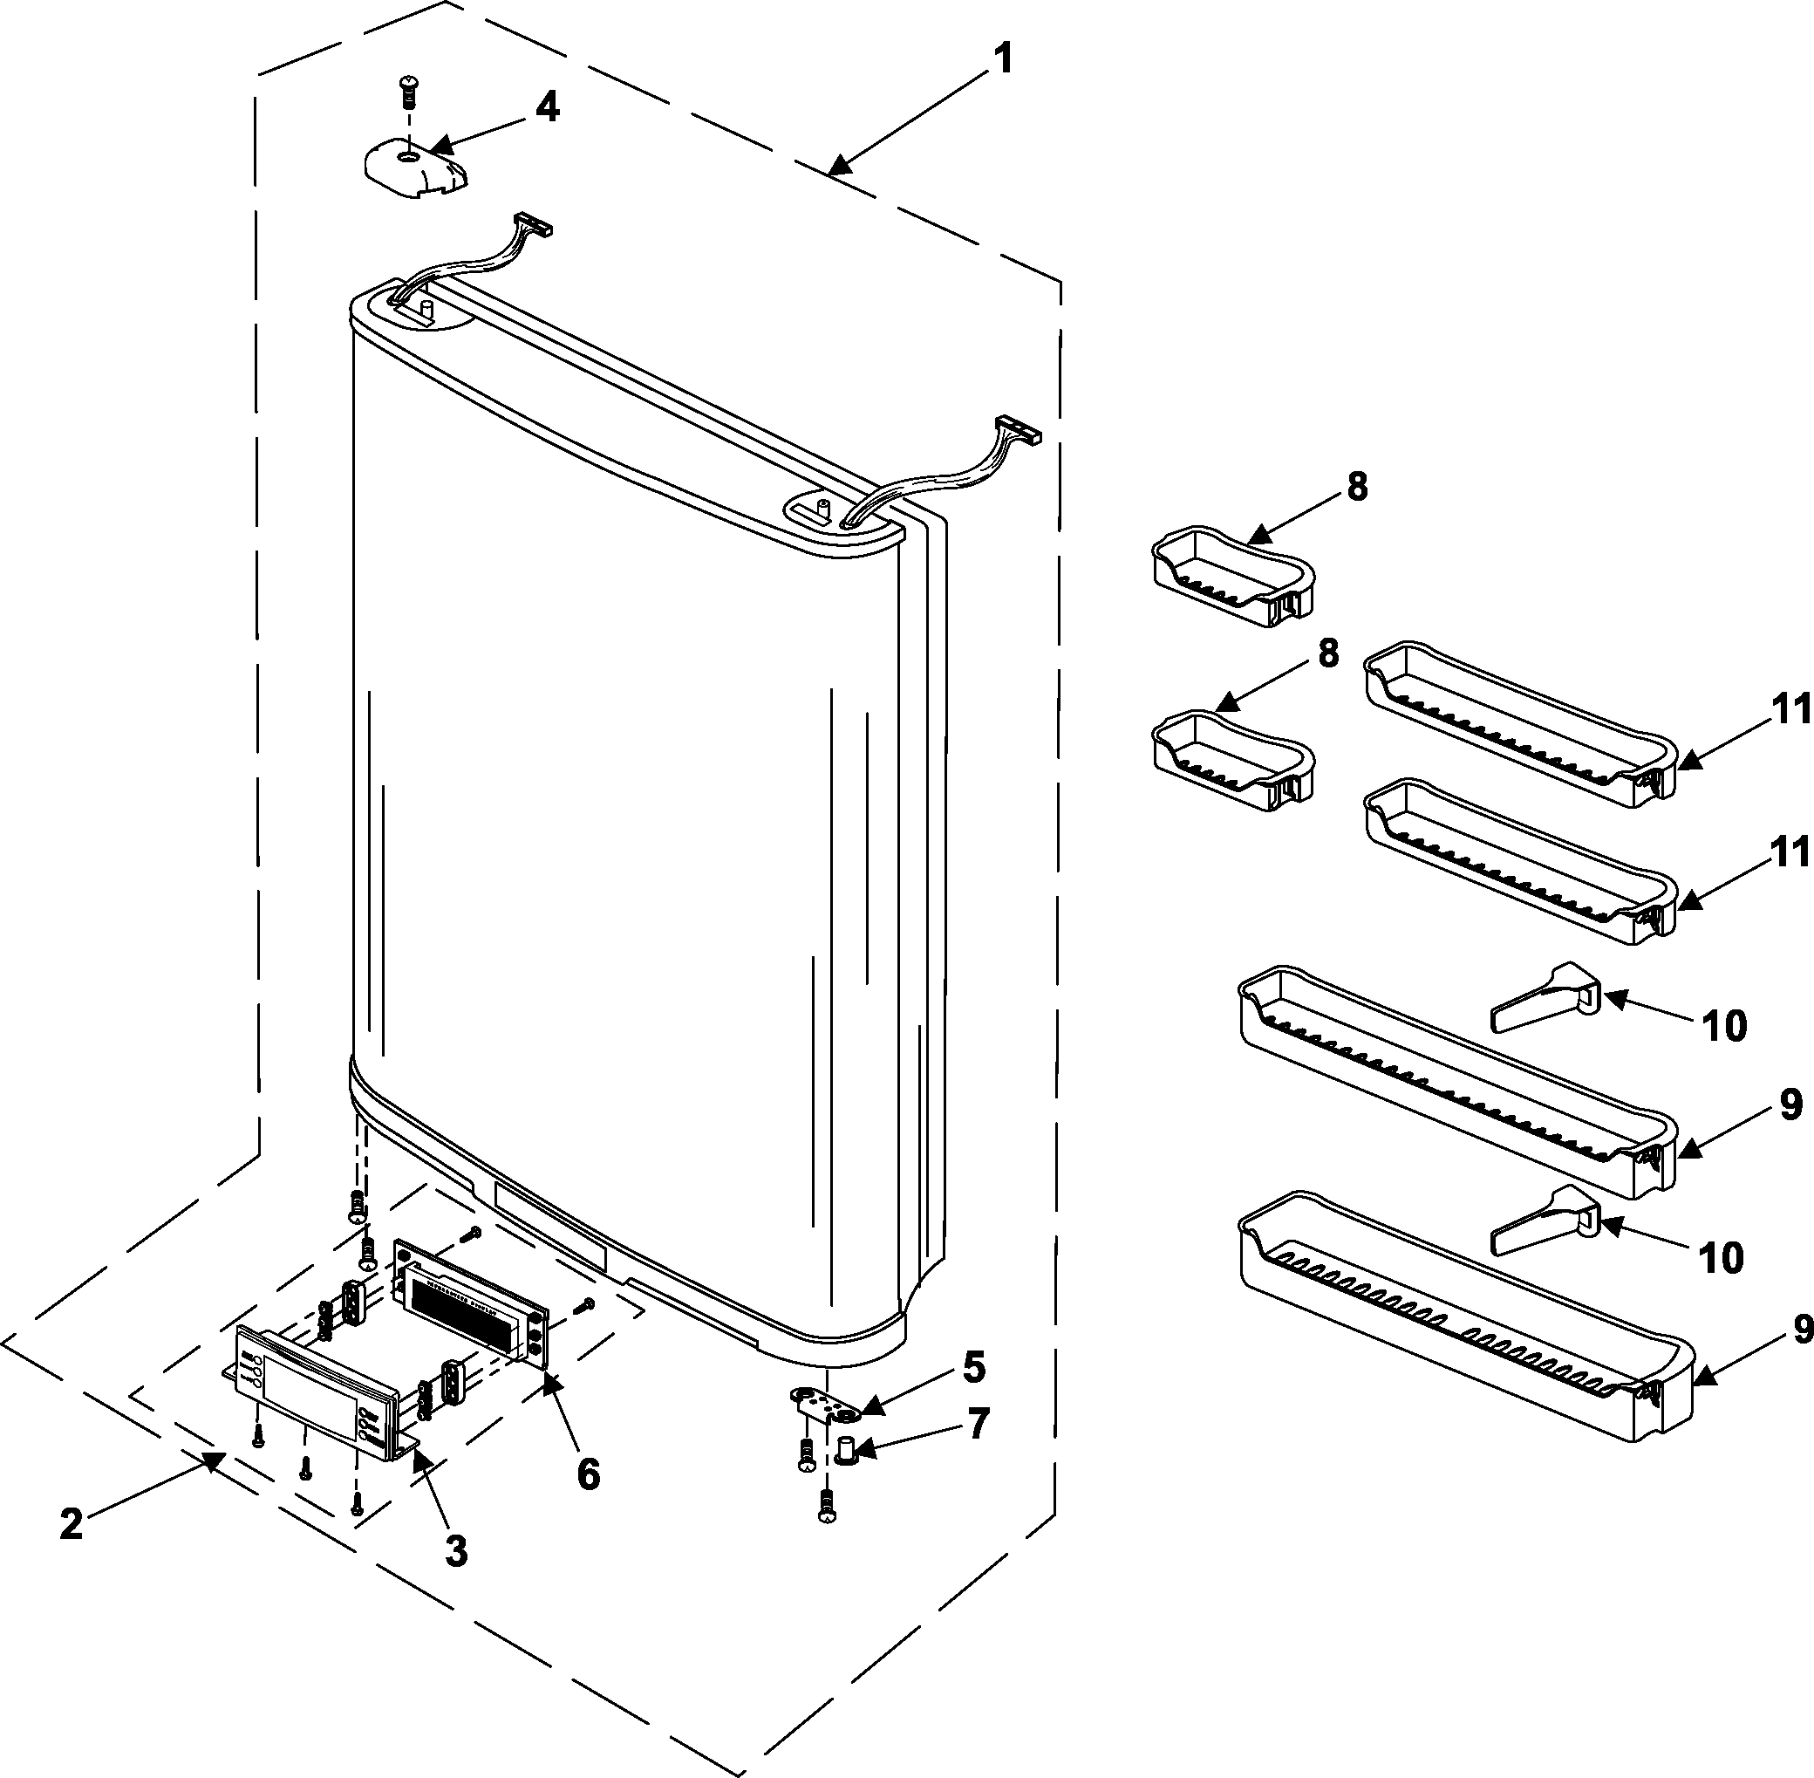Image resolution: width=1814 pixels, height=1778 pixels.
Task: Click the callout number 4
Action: tap(547, 107)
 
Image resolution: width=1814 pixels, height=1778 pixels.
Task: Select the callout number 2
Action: tap(71, 1524)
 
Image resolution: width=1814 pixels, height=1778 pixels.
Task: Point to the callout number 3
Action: tap(454, 1551)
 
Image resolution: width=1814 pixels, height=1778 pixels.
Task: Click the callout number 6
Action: tap(587, 1474)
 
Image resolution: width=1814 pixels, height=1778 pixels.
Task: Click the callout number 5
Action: tap(974, 1367)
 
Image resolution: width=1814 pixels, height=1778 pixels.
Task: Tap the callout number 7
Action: tap(977, 1423)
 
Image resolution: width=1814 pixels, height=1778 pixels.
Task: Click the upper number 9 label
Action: tap(1790, 1104)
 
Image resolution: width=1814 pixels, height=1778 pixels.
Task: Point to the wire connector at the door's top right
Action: tap(1017, 429)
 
